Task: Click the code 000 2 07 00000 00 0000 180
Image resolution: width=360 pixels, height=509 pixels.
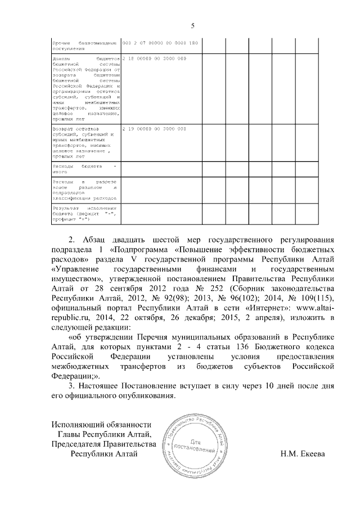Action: click(x=159, y=43)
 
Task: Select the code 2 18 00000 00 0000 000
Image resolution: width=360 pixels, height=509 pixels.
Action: click(x=154, y=58)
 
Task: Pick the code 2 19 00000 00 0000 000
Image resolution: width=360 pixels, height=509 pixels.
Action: click(x=154, y=129)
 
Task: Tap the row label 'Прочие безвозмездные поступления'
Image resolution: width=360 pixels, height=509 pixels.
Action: click(x=84, y=46)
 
